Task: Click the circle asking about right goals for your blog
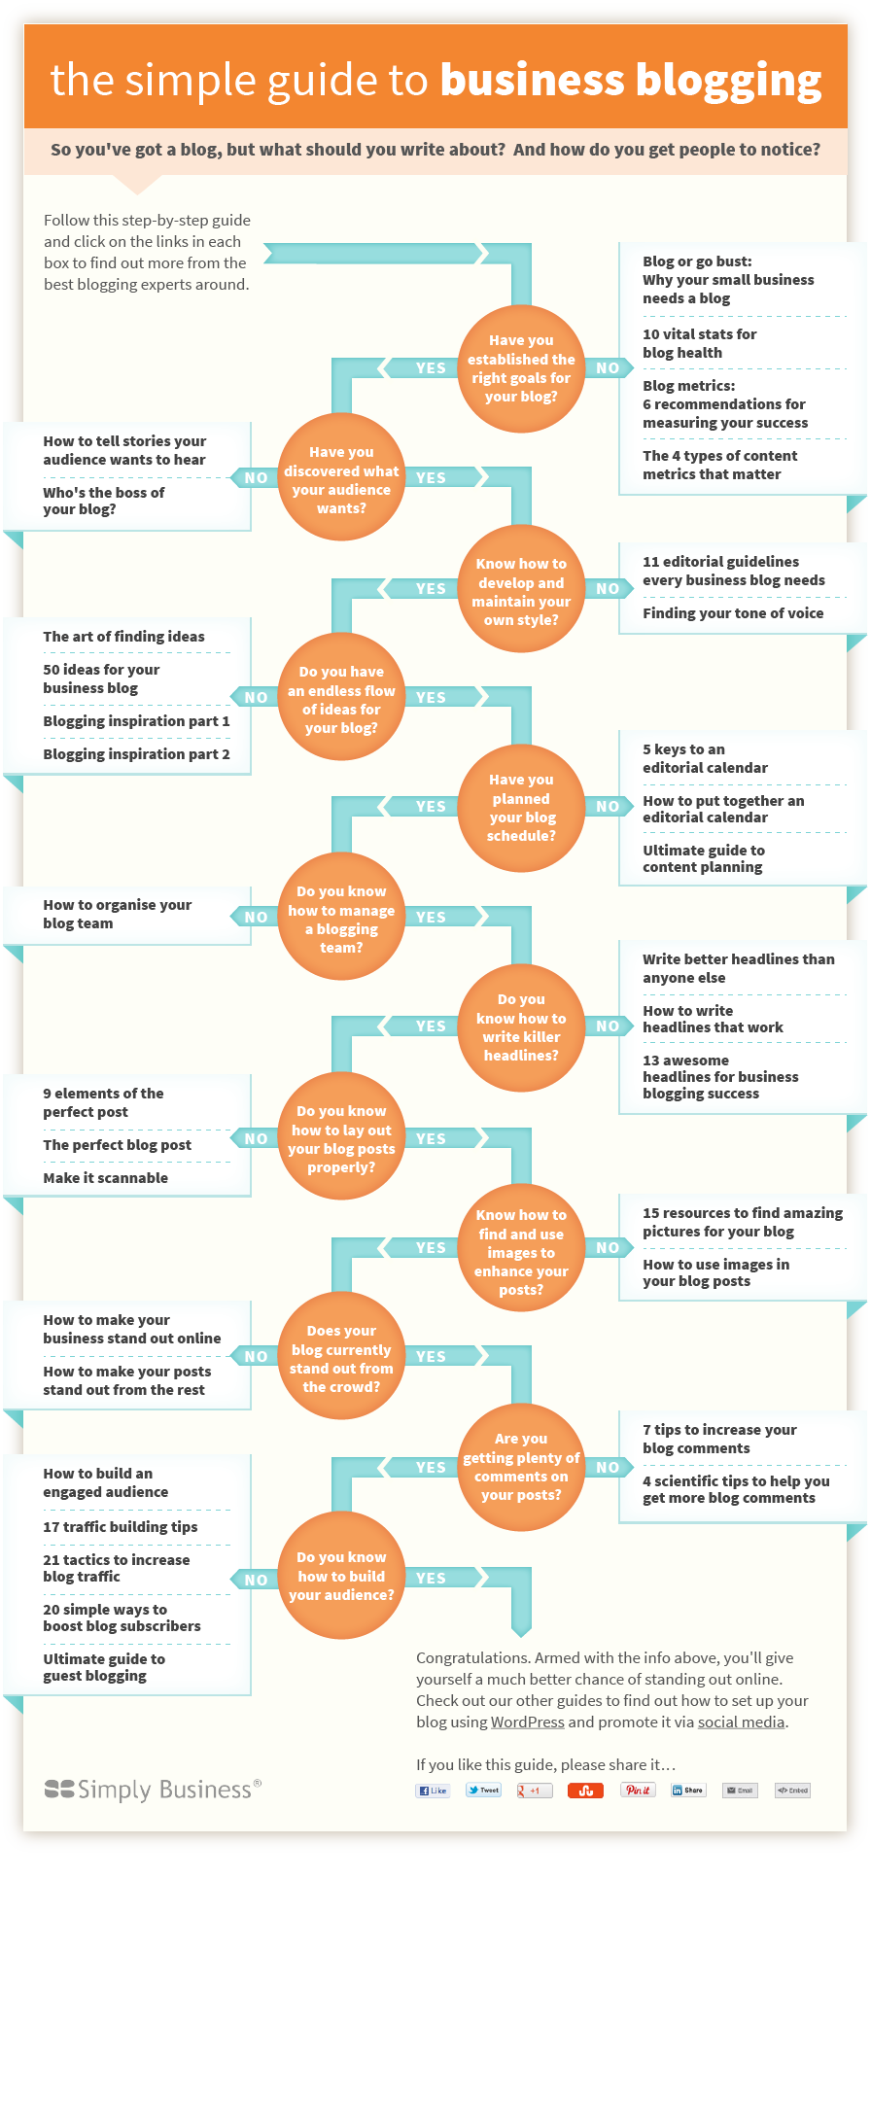pyautogui.click(x=521, y=368)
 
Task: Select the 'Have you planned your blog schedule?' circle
pyautogui.click(x=521, y=808)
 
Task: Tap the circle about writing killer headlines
pyautogui.click(x=521, y=1027)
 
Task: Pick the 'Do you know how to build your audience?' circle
pyautogui.click(x=341, y=1576)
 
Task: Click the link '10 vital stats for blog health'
pyautogui.click(x=700, y=343)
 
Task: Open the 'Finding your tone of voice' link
pyautogui.click(x=733, y=613)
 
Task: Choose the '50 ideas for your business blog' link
pyautogui.click(x=101, y=678)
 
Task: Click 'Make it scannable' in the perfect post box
pyautogui.click(x=105, y=1178)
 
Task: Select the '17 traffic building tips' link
pyautogui.click(x=120, y=1527)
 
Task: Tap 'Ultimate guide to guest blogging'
pyautogui.click(x=104, y=1667)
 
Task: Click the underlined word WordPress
pyautogui.click(x=527, y=1722)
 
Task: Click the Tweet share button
pyautogui.click(x=483, y=1790)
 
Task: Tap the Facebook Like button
pyautogui.click(x=433, y=1790)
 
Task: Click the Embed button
pyautogui.click(x=792, y=1790)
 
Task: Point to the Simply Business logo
pyautogui.click(x=153, y=1790)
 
